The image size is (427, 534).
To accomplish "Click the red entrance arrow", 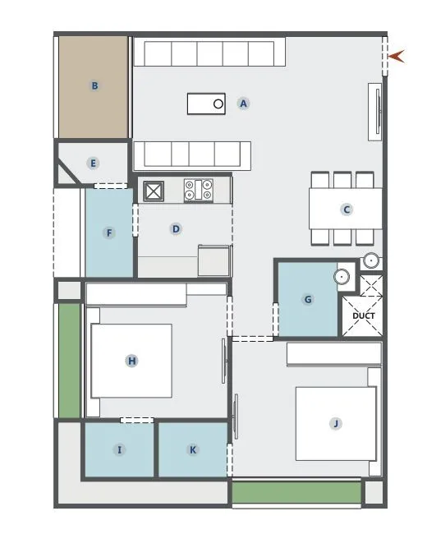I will pyautogui.click(x=398, y=56).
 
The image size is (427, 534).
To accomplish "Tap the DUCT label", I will pyautogui.click(x=363, y=315).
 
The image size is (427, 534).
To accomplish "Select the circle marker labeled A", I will pyautogui.click(x=243, y=104).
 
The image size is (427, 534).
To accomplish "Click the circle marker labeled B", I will pyautogui.click(x=95, y=85).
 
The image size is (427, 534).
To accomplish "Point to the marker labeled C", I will pyautogui.click(x=347, y=209).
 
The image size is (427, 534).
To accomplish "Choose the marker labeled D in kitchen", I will pyautogui.click(x=176, y=229).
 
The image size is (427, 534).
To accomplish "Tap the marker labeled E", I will pyautogui.click(x=94, y=163).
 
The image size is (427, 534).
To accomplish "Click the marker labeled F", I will pyautogui.click(x=109, y=232).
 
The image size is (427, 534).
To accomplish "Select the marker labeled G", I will pyautogui.click(x=308, y=300).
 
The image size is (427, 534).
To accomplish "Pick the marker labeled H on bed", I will pyautogui.click(x=131, y=361).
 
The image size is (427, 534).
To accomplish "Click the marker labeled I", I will pyautogui.click(x=120, y=449).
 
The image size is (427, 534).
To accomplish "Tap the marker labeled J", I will pyautogui.click(x=335, y=423).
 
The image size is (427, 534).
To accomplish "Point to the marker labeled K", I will pyautogui.click(x=193, y=449).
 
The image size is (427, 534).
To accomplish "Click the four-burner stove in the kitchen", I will pyautogui.click(x=199, y=191).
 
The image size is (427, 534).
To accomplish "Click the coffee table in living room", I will pyautogui.click(x=206, y=104).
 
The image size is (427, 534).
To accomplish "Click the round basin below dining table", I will pyautogui.click(x=371, y=261).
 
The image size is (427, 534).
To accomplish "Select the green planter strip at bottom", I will pyautogui.click(x=296, y=493).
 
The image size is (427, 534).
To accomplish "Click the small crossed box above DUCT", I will pyautogui.click(x=371, y=285).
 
